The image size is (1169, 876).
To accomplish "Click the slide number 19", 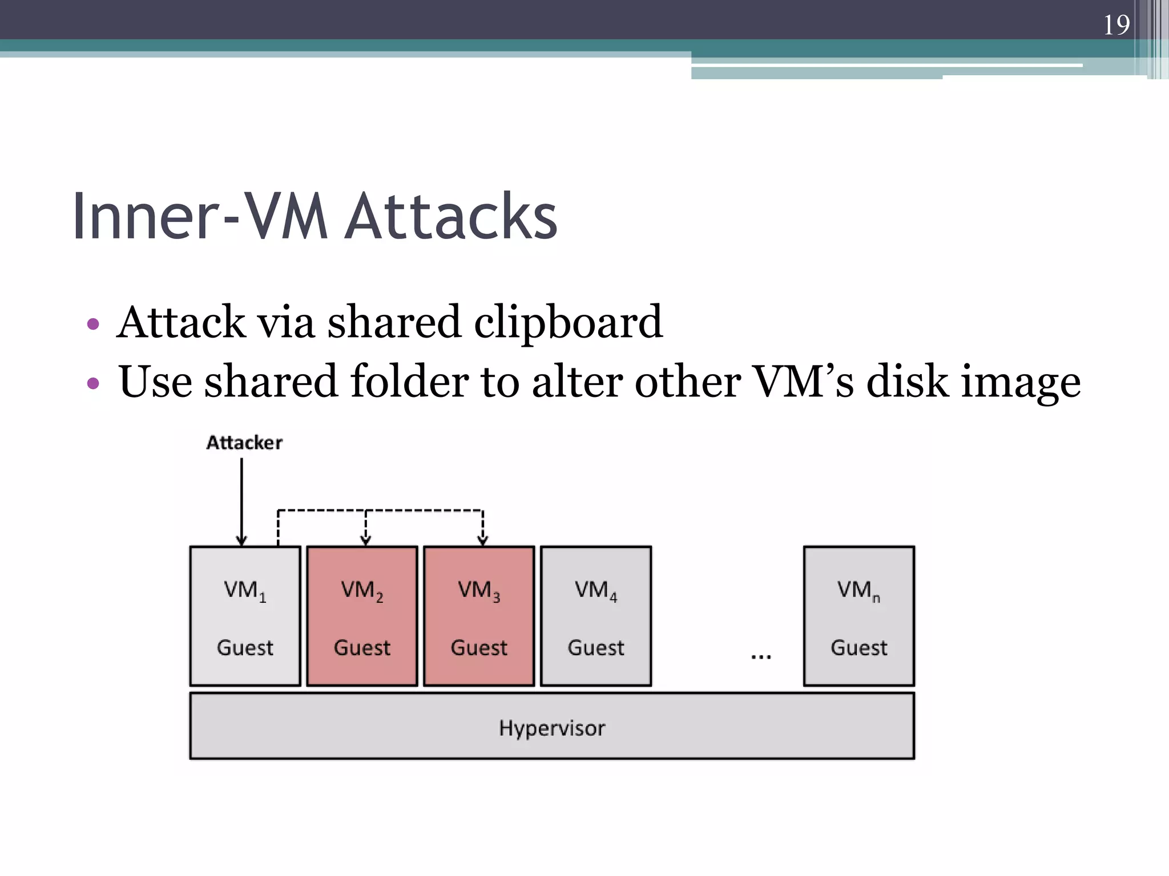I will point(1116,25).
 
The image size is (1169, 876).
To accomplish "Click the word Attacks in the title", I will point(452,217).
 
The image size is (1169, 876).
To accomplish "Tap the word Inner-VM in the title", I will point(200,217).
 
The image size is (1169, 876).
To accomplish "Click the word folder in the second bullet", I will point(409,382).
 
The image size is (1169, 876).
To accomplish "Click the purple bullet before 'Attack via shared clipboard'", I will point(93,325).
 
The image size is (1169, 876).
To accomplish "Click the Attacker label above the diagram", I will point(244,443).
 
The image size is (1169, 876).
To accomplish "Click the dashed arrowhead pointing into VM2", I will point(366,539).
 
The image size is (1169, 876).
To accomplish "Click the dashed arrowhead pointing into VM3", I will point(483,539).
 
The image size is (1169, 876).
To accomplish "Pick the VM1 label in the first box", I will point(244,591).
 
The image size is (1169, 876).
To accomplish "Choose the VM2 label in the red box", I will point(362,591).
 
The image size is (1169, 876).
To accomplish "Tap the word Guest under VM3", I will point(479,648).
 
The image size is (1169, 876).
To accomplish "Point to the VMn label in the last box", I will point(858,591).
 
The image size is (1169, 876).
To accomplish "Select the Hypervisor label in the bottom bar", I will point(552,728).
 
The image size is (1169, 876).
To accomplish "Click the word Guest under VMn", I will point(858,648).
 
